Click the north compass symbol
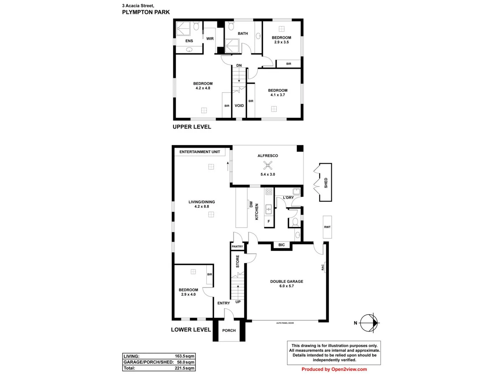coord(369,323)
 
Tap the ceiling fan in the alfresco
coord(268,165)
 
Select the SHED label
coord(326,183)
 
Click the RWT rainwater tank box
coord(327,227)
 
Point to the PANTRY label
coord(237,246)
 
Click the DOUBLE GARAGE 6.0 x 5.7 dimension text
coord(286,286)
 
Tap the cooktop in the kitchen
coord(269,192)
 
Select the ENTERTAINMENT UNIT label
coord(200,152)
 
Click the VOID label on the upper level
coord(239,106)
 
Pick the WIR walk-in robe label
coord(210,39)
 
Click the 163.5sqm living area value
coord(184,356)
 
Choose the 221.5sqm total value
coord(184,368)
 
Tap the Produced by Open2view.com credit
coord(334,369)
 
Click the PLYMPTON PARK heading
coord(146,12)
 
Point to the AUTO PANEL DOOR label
coord(285,323)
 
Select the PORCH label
coord(229,331)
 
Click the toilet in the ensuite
coord(196,26)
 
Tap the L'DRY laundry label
coord(288,198)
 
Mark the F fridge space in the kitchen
coord(269,221)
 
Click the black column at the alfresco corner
coord(300,149)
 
